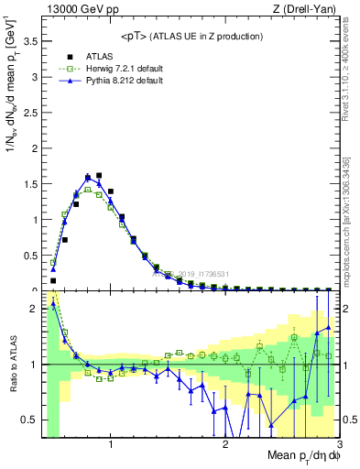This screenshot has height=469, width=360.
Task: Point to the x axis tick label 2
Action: (225, 446)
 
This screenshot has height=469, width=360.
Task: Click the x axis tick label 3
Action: (338, 446)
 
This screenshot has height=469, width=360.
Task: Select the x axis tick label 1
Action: (111, 446)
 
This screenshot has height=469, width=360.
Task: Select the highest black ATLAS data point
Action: (99, 175)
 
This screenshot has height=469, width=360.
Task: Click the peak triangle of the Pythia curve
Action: (88, 178)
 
